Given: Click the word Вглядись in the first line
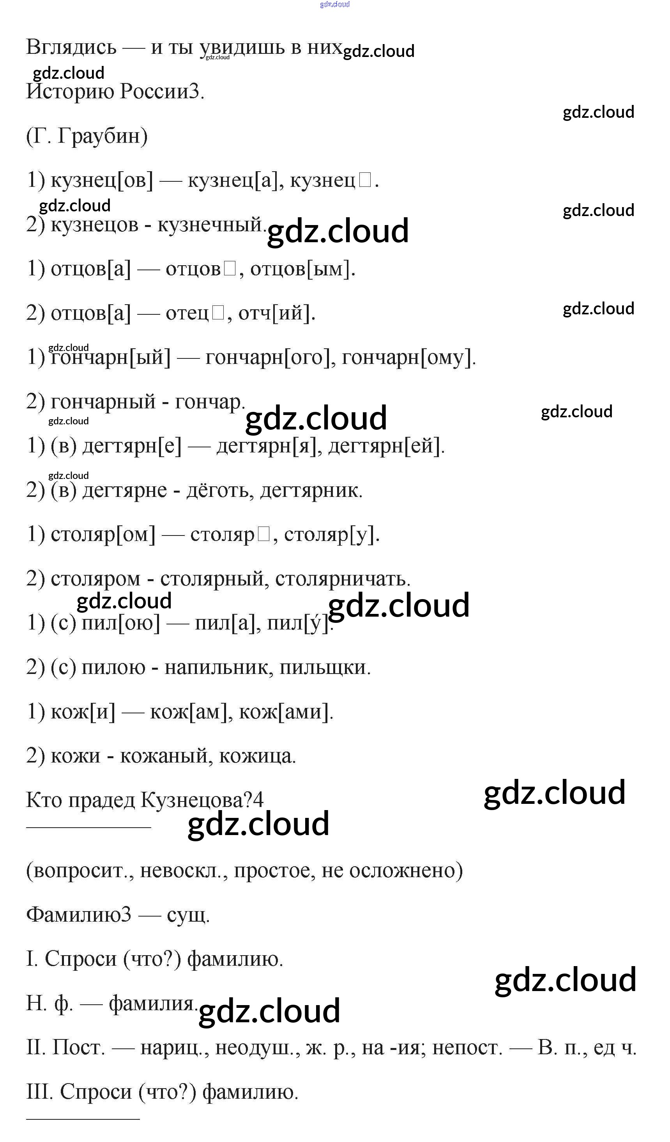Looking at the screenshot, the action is coord(71,47).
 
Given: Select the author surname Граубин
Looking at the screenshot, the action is coord(103,136).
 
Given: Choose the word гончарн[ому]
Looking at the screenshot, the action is coord(408,358).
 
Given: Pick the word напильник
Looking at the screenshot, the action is coord(219,667).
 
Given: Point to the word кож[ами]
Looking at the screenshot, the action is coord(285,711).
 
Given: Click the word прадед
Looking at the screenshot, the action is coord(101,800).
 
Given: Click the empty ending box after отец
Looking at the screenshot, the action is coord(218,313).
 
